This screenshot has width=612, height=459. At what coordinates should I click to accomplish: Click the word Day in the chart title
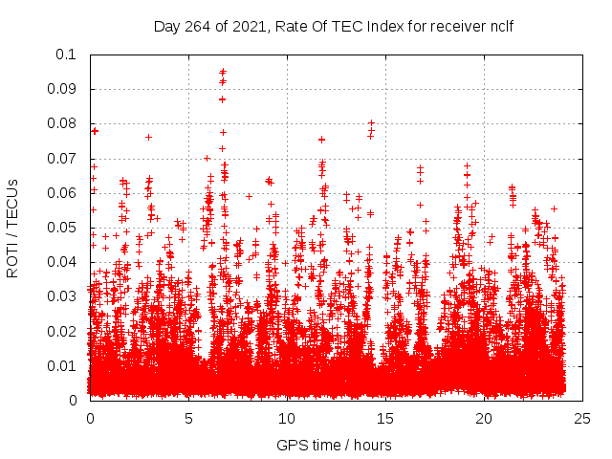(x=167, y=26)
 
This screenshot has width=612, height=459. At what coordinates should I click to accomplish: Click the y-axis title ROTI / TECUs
(x=12, y=228)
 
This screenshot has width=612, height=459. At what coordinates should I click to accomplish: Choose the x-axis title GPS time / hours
(x=334, y=444)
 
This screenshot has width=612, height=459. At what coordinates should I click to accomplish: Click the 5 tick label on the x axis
(x=188, y=418)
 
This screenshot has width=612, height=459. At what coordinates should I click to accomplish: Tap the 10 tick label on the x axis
(x=287, y=418)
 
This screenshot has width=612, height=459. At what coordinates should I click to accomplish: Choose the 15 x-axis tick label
(x=385, y=418)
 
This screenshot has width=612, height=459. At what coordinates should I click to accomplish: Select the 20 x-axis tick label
(x=484, y=418)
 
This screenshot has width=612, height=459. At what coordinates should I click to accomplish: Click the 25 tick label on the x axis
(x=582, y=418)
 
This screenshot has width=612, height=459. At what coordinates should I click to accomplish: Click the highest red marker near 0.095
(x=223, y=72)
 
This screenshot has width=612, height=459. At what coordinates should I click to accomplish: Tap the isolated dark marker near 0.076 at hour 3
(x=148, y=137)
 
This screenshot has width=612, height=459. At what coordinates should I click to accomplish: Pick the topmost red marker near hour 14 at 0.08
(x=371, y=122)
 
